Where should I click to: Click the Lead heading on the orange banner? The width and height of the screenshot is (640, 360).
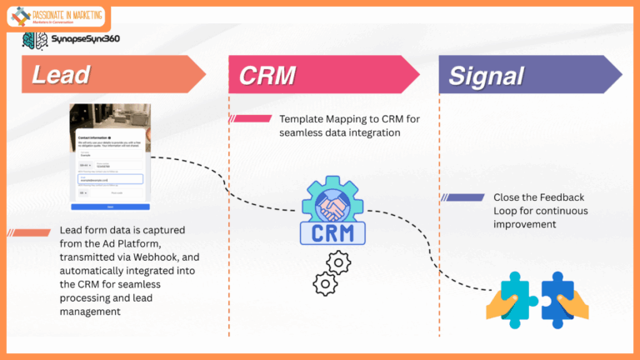point(61,75)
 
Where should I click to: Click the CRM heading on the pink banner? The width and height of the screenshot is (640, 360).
point(267,75)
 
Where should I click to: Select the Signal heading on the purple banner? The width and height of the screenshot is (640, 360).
point(486,75)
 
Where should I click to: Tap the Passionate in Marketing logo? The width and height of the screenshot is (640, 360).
point(57,16)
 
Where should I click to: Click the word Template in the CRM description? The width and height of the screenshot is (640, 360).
point(302,119)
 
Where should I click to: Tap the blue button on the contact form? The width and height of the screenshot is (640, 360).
point(111,206)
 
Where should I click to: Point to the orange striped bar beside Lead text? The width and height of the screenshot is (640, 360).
point(31,232)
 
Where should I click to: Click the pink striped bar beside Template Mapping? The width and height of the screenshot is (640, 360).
point(252,119)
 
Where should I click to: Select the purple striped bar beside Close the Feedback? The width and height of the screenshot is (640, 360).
point(462,197)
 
